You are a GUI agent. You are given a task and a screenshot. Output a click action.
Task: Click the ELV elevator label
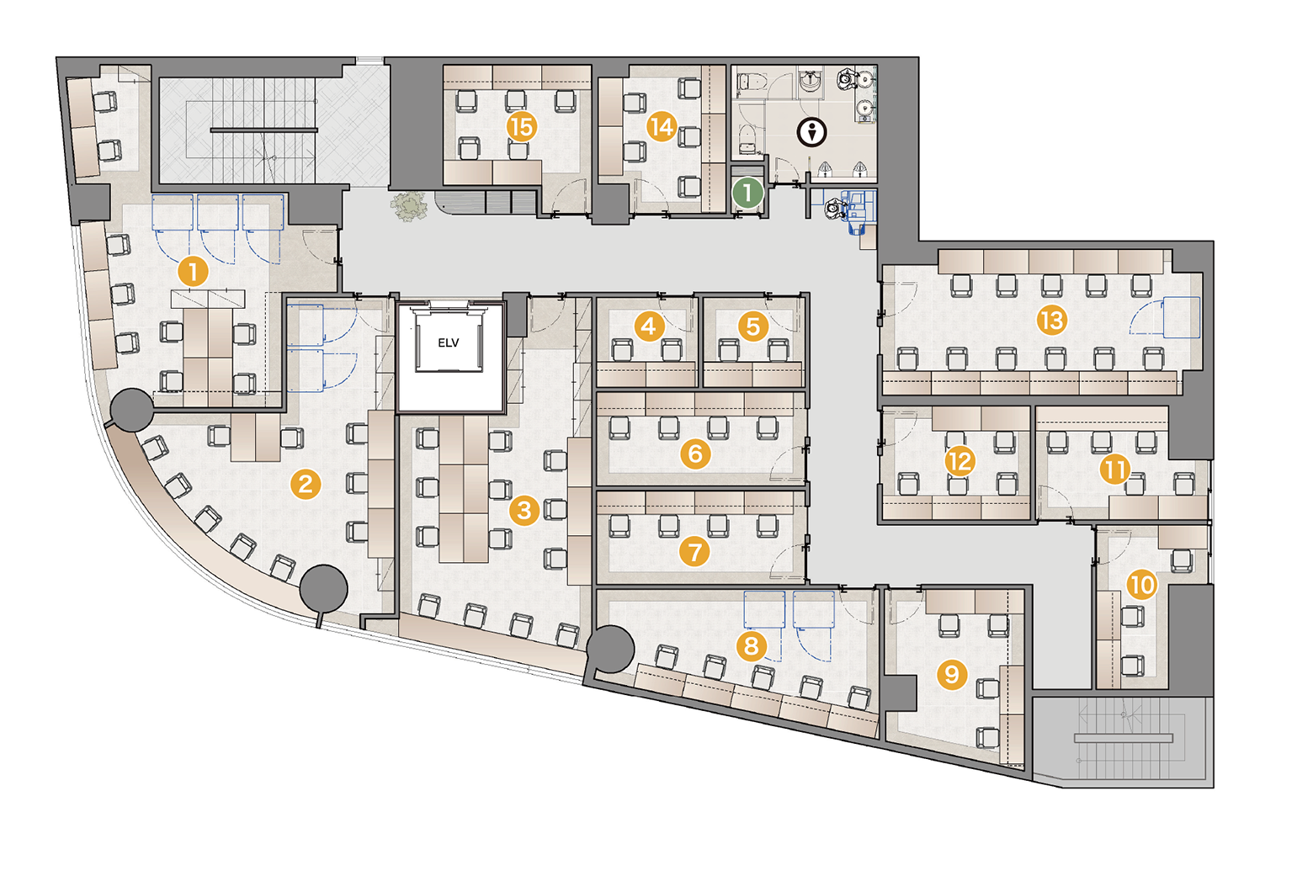pos(448,343)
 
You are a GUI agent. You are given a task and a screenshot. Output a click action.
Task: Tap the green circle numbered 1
pos(747,192)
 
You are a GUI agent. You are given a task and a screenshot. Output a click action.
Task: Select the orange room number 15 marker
pos(522,126)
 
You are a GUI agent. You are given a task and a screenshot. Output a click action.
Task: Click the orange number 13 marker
pos(1051,320)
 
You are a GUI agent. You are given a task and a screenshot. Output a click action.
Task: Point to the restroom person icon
pos(812,132)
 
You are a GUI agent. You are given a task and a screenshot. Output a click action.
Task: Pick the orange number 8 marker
pos(751,645)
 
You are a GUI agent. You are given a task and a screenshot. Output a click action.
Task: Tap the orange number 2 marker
pos(306,484)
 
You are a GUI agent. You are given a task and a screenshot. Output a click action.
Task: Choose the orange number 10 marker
pos(1142,585)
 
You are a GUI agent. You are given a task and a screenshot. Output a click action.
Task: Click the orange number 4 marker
pos(648,326)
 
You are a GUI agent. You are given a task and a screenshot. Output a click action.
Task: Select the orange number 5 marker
pos(753,326)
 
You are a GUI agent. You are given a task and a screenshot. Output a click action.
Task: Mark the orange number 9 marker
pos(951,674)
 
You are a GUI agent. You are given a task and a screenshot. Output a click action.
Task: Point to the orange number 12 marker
pos(960,462)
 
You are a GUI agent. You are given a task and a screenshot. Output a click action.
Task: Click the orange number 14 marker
pos(662,126)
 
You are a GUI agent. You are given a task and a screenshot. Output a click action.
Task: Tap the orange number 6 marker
pos(695,453)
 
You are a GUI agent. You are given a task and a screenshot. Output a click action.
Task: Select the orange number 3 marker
pos(524,510)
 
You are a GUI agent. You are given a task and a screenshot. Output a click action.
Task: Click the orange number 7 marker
pos(694,552)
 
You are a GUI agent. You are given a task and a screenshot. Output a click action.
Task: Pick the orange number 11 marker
pos(1115,469)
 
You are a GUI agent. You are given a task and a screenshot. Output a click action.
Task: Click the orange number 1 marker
pos(193,272)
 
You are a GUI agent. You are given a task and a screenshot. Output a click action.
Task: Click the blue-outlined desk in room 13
pos(1181,317)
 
